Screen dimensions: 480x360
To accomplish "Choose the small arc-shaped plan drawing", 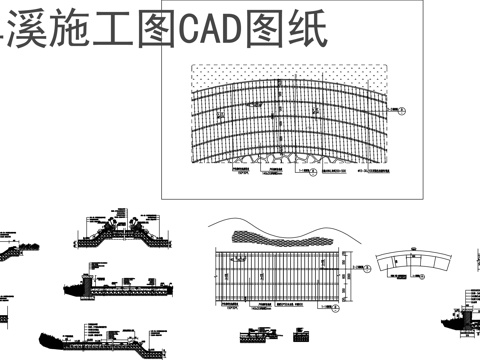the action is click(413, 263).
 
